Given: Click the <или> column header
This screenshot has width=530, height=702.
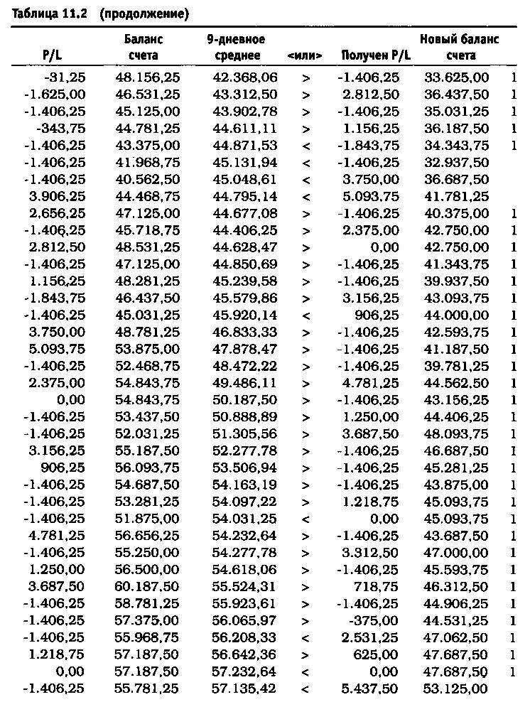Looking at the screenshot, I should (x=305, y=55).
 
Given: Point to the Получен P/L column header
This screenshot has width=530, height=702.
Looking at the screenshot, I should (x=370, y=55).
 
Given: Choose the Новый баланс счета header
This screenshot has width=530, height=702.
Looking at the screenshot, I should (x=459, y=48).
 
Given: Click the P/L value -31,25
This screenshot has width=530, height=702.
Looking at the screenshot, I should (x=65, y=77).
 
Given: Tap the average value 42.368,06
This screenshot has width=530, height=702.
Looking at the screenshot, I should (x=245, y=77).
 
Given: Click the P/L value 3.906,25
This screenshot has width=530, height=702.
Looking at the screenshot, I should (x=56, y=196).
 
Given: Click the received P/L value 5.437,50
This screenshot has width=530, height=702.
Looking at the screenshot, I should (x=370, y=688).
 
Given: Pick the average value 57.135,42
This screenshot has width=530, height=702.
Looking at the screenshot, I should (x=245, y=688).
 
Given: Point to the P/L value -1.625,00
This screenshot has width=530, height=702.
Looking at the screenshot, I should (x=55, y=94).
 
